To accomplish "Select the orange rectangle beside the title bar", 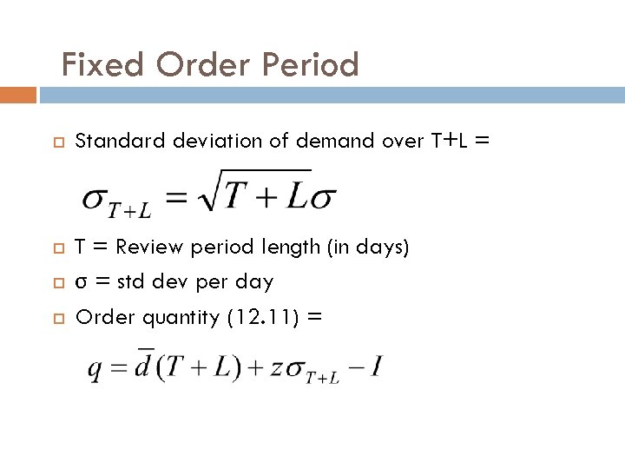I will click(18, 95).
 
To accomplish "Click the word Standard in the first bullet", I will click(110, 141).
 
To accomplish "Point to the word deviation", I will click(202, 141).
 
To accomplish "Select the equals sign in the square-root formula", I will click(176, 198).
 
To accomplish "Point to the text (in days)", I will click(367, 248).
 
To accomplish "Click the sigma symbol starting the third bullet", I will click(81, 283).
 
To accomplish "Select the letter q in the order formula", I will click(95, 370).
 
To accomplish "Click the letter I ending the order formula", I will click(376, 366).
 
